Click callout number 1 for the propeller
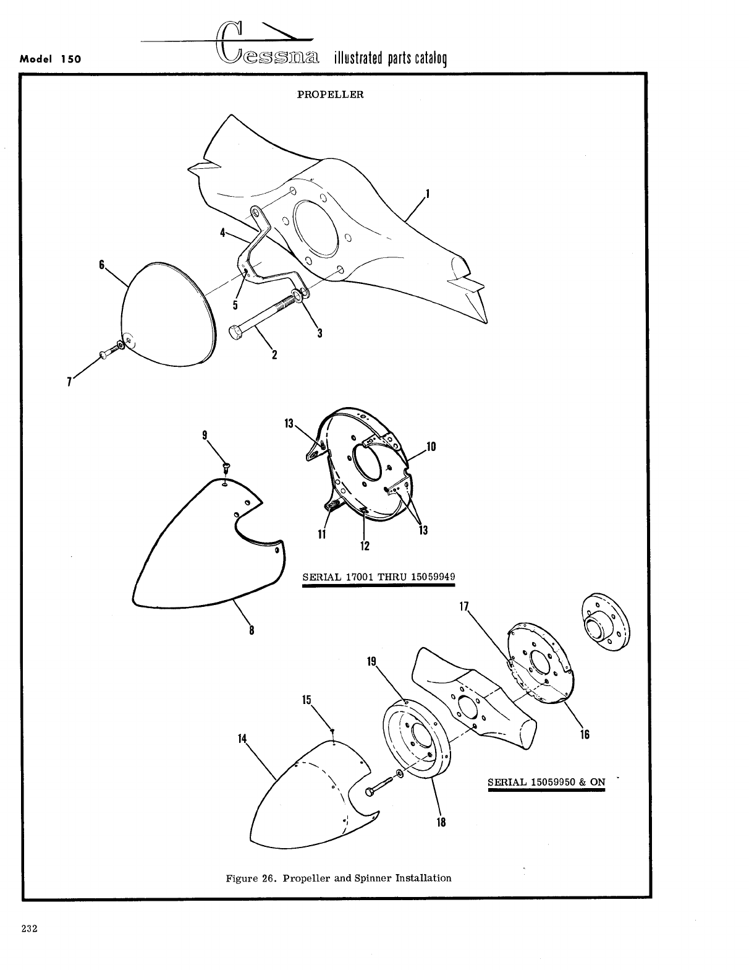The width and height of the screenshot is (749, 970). click(428, 195)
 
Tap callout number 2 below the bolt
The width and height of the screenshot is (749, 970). click(274, 354)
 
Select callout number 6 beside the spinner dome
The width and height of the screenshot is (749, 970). click(101, 264)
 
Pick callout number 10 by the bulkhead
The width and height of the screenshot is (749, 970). click(431, 446)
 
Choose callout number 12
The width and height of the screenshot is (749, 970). click(365, 546)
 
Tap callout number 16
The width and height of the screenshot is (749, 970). click(585, 734)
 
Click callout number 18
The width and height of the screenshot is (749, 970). click(441, 822)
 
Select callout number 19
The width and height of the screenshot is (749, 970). click(371, 661)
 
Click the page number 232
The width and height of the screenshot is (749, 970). click(29, 928)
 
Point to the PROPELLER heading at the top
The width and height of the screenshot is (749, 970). click(331, 95)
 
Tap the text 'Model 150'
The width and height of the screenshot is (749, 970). click(51, 60)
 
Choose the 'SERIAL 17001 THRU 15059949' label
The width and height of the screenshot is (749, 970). click(378, 577)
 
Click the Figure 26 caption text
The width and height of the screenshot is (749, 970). click(338, 878)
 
